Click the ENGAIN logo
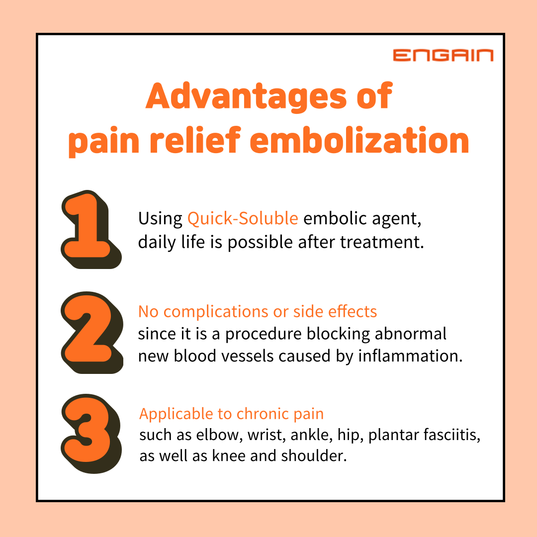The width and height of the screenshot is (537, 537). pyautogui.click(x=443, y=55)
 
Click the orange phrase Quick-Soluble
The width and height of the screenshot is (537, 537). pyautogui.click(x=243, y=218)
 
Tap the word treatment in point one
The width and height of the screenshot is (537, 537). pyautogui.click(x=382, y=242)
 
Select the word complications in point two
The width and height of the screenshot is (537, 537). pyautogui.click(x=216, y=312)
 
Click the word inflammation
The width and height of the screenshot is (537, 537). pyautogui.click(x=410, y=356)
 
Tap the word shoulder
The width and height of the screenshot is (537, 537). pyautogui.click(x=314, y=456)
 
